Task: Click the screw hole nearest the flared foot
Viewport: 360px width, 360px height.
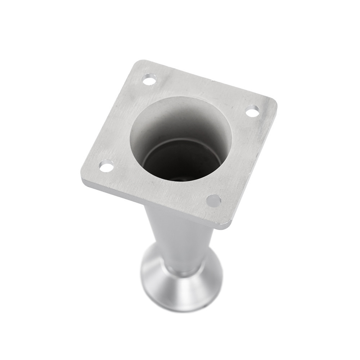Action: (214, 200)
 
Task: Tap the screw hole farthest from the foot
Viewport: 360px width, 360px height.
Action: (149, 80)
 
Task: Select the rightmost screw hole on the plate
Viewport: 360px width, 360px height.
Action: (253, 111)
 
